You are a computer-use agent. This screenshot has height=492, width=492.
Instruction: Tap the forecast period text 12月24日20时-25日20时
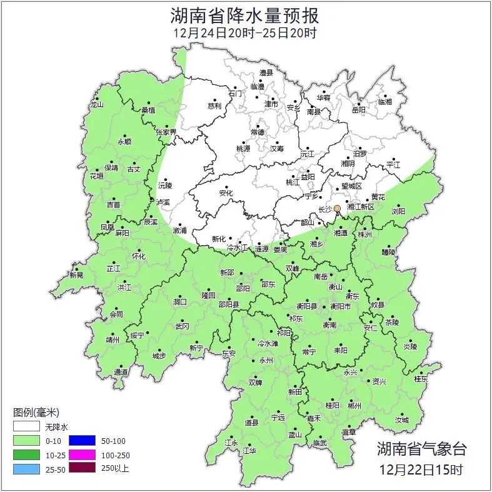click(246, 33)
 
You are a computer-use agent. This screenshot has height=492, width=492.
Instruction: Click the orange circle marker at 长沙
click(337, 208)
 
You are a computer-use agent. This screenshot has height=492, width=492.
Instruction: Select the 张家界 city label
click(166, 133)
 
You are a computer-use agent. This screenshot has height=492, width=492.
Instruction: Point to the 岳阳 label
click(358, 110)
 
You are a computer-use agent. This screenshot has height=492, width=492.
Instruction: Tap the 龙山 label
click(96, 105)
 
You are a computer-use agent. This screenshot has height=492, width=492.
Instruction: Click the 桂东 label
click(421, 379)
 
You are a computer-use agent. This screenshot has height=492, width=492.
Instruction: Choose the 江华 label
click(249, 451)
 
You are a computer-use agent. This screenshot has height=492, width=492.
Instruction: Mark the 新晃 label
click(76, 275)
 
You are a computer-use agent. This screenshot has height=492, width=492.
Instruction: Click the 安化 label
click(225, 194)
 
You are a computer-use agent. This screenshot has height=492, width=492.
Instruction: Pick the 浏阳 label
click(398, 211)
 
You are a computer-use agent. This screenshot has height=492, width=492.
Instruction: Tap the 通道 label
click(121, 373)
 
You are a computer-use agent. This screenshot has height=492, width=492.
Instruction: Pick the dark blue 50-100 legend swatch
click(81, 441)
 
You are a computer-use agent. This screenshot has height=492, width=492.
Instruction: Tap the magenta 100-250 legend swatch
click(81, 454)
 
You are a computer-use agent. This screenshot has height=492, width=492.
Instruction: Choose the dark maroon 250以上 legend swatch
click(81, 468)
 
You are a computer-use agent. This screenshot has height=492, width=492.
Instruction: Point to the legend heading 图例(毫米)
click(36, 413)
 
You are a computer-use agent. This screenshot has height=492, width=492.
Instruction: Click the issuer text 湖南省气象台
click(421, 448)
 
